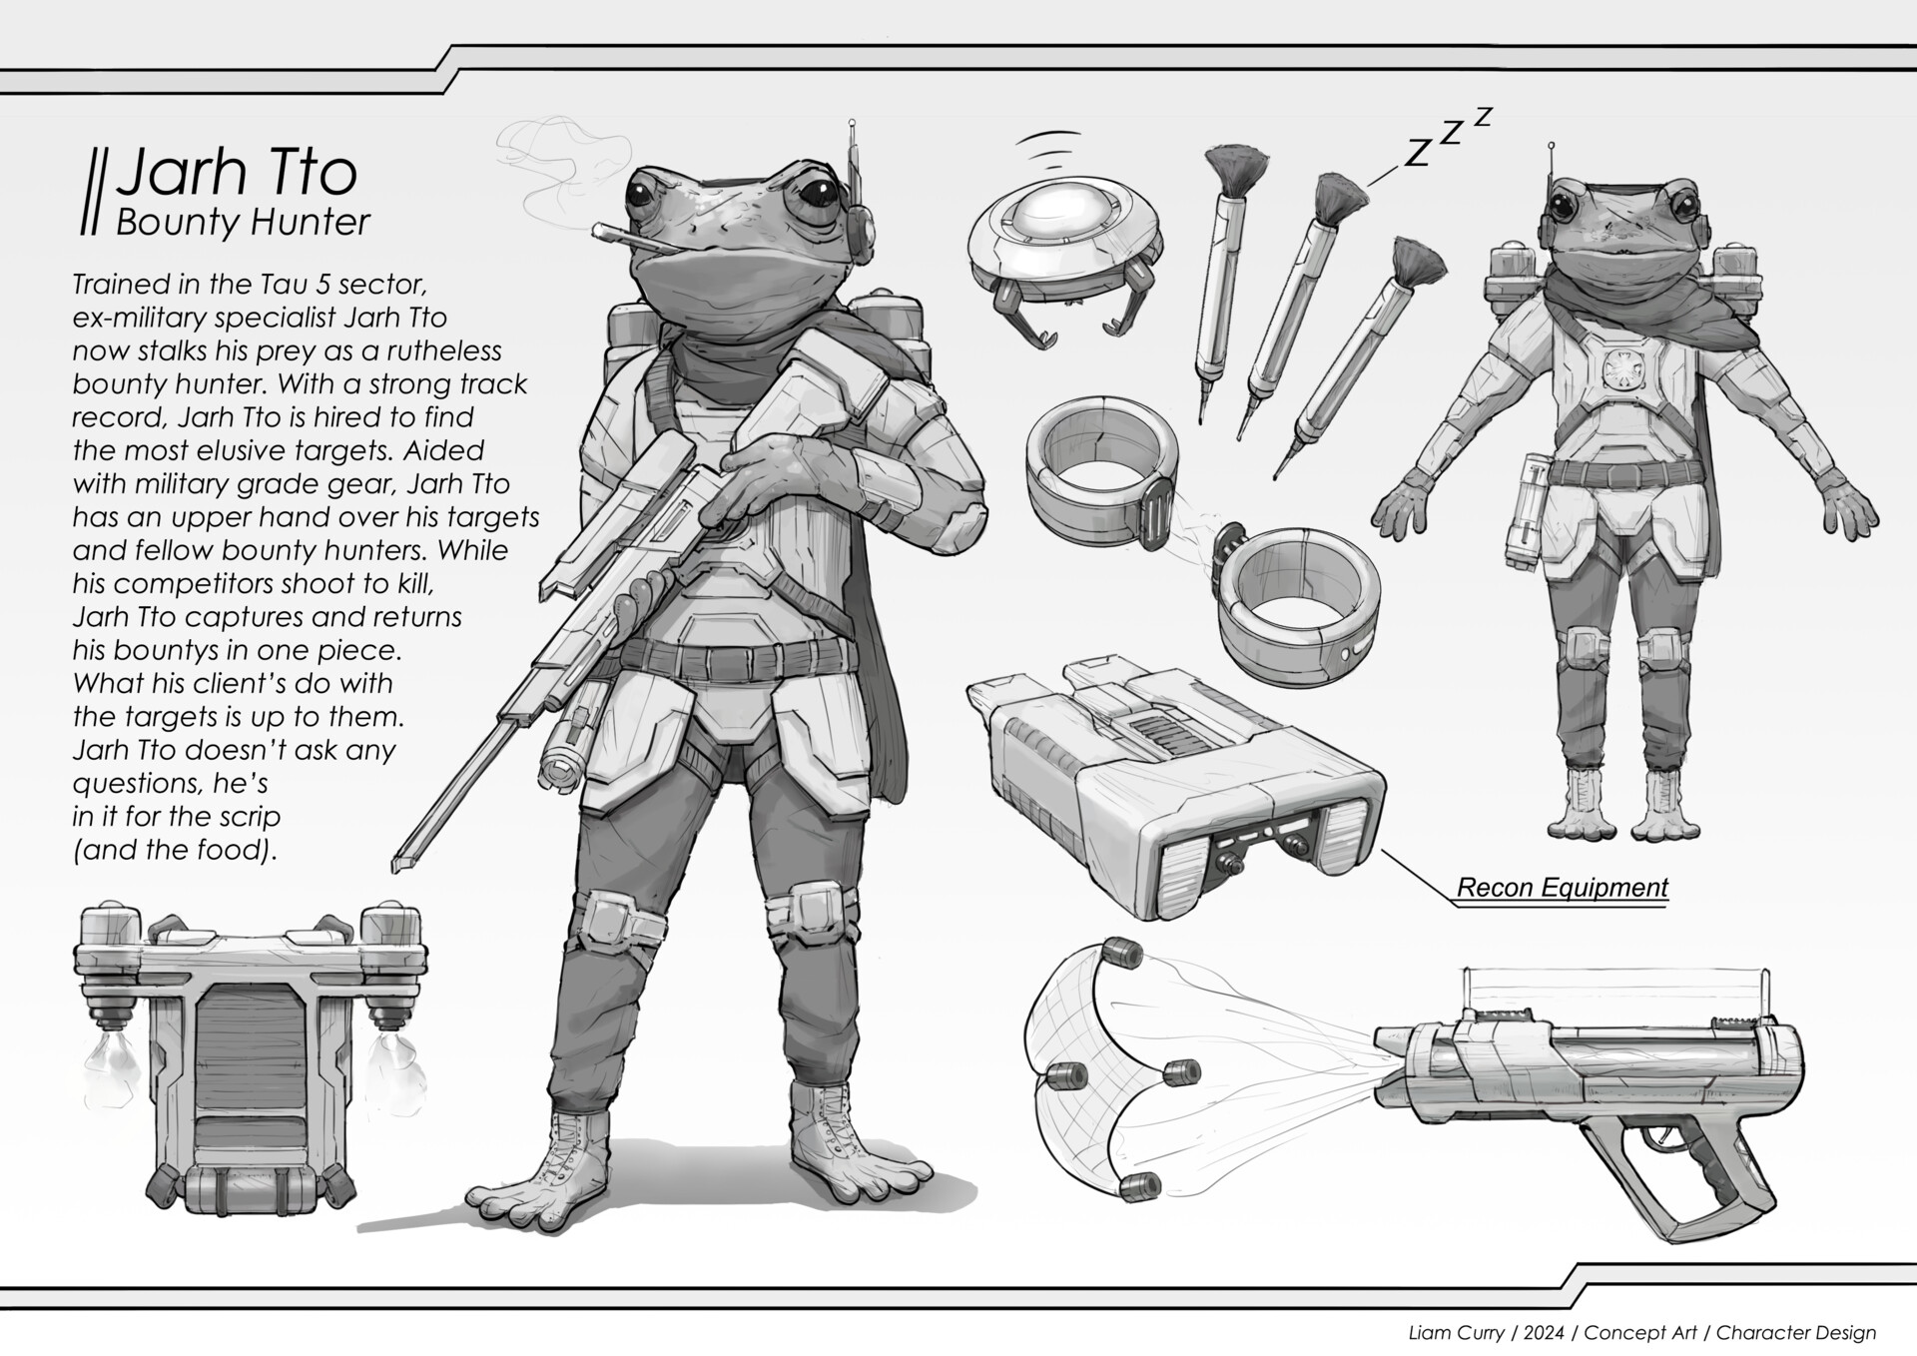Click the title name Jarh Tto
pos(237,172)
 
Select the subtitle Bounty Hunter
pos(243,222)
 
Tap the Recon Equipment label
pos(1562,887)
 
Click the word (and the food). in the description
pos(174,850)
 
